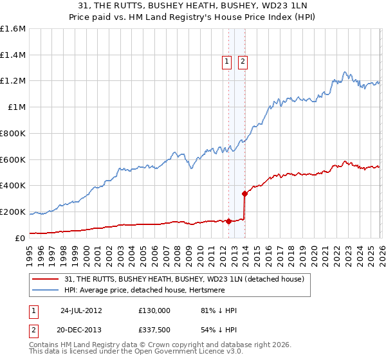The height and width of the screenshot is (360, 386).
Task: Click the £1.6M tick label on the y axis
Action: (x=12, y=29)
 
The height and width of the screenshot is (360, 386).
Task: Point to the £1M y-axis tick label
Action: (x=17, y=107)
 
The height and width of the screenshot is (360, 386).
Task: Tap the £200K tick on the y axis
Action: (x=12, y=212)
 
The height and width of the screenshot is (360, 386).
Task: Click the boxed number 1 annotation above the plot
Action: (x=227, y=62)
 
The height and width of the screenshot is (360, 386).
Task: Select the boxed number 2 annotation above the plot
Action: (x=243, y=62)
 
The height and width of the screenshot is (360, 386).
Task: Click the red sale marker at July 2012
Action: (x=228, y=221)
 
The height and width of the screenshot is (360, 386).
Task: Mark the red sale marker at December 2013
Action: (x=244, y=194)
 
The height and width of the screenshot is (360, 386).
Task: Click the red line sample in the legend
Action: (x=46, y=279)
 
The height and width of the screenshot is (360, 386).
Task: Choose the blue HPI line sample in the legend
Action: (x=46, y=291)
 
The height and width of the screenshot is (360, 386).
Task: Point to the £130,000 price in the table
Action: (x=154, y=310)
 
